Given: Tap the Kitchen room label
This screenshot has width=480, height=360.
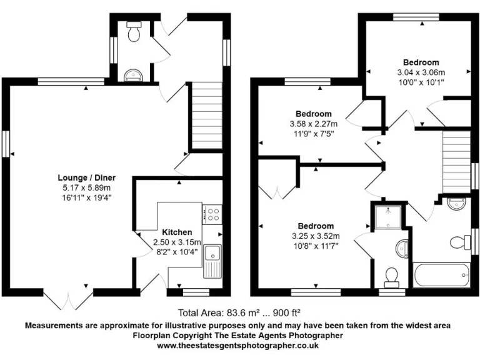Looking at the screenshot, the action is (x=177, y=232).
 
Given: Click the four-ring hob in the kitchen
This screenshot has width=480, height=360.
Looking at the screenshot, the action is (x=213, y=214).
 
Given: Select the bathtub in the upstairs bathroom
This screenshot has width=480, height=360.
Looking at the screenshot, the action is (x=441, y=274).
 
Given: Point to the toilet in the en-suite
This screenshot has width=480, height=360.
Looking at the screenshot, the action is (x=392, y=274).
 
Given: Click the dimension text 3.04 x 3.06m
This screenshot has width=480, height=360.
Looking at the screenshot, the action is (x=421, y=72).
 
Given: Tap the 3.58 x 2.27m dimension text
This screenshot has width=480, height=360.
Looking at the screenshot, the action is (x=313, y=123).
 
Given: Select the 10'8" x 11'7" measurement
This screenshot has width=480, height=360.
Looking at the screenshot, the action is (x=315, y=245).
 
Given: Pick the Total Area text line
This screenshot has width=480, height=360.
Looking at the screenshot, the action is (x=240, y=312).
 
